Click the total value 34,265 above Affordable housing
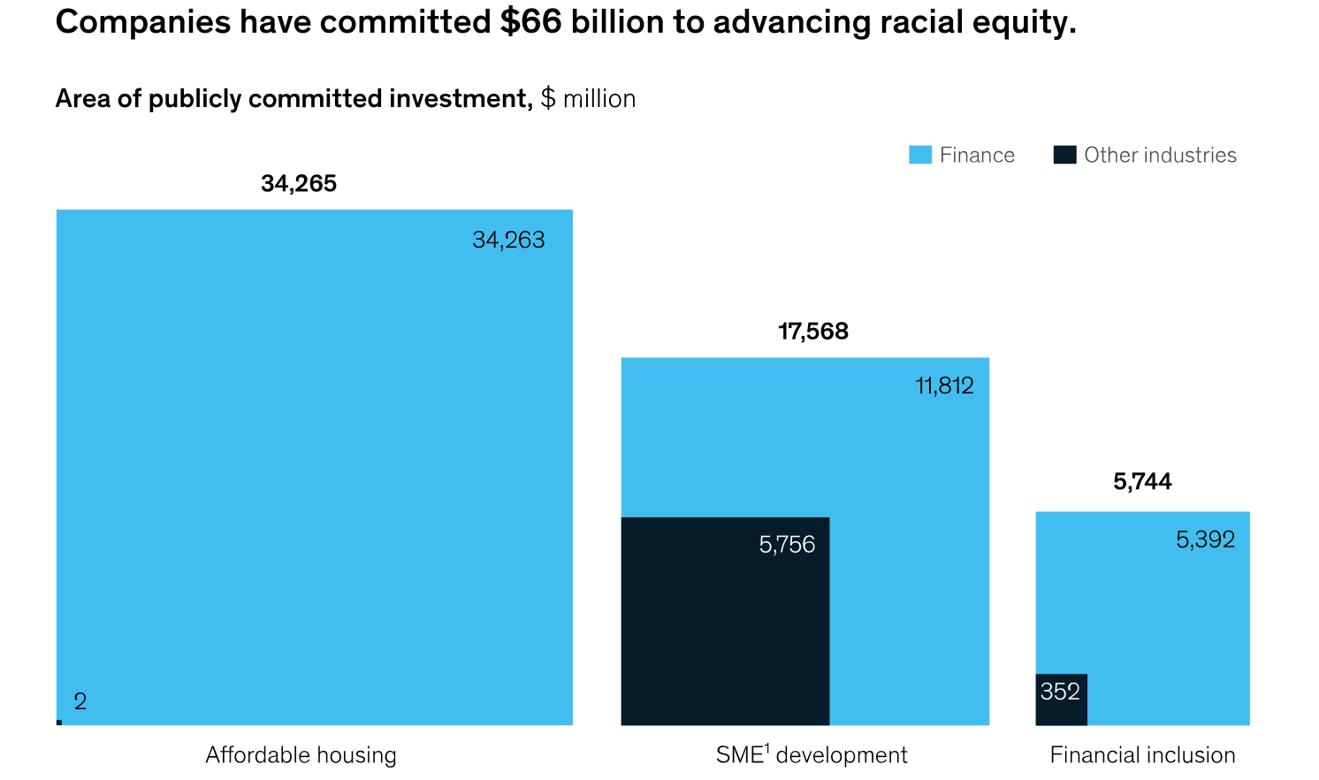pyautogui.click(x=299, y=184)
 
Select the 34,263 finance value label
pyautogui.click(x=508, y=241)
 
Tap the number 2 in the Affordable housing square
pyautogui.click(x=80, y=702)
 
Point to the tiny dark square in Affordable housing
pyautogui.click(x=59, y=723)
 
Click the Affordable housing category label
pyautogui.click(x=301, y=755)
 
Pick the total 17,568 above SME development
pyautogui.click(x=812, y=332)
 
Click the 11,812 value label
pyautogui.click(x=944, y=386)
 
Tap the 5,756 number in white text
pyautogui.click(x=787, y=545)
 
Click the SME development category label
pyautogui.click(x=812, y=755)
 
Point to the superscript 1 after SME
pyautogui.click(x=767, y=748)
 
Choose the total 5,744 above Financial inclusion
pyautogui.click(x=1142, y=482)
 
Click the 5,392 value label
pyautogui.click(x=1205, y=540)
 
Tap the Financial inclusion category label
pyautogui.click(x=1142, y=755)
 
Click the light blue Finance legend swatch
pyautogui.click(x=920, y=156)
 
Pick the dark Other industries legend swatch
pyautogui.click(x=1064, y=156)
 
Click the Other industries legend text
pyautogui.click(x=1160, y=156)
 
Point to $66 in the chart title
pyautogui.click(x=530, y=22)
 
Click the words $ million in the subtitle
pyautogui.click(x=588, y=99)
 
